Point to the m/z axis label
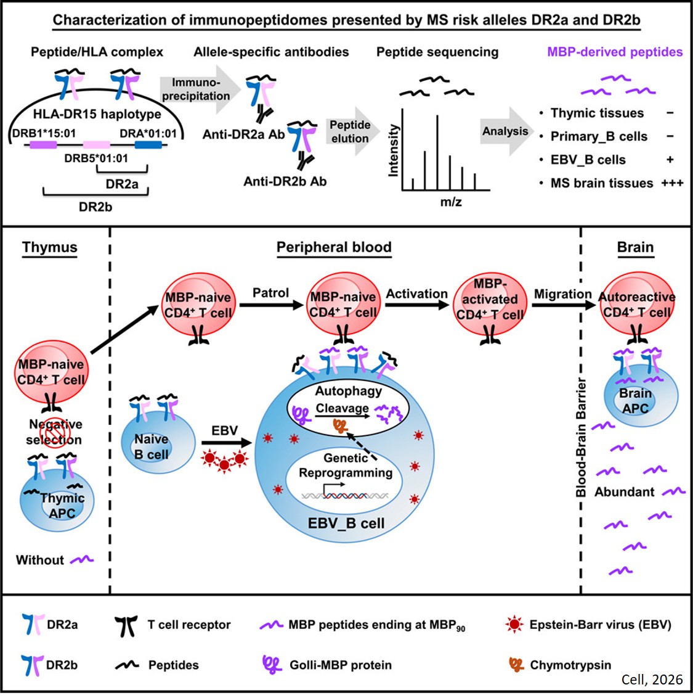tap(451, 202)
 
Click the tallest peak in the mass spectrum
tap(437, 152)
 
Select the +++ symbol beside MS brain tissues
tap(672, 183)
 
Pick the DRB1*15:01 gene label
tap(44, 133)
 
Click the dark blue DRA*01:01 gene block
tap(148, 145)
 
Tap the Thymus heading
tap(50, 247)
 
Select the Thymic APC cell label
tap(62, 505)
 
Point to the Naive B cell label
tap(152, 446)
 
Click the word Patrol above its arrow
tap(270, 292)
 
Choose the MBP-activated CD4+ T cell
tap(490, 300)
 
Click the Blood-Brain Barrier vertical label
tap(581, 438)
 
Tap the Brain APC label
tap(636, 401)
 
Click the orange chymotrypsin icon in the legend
tap(516, 664)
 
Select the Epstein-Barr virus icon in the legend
tap(514, 625)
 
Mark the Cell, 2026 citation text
tap(652, 680)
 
